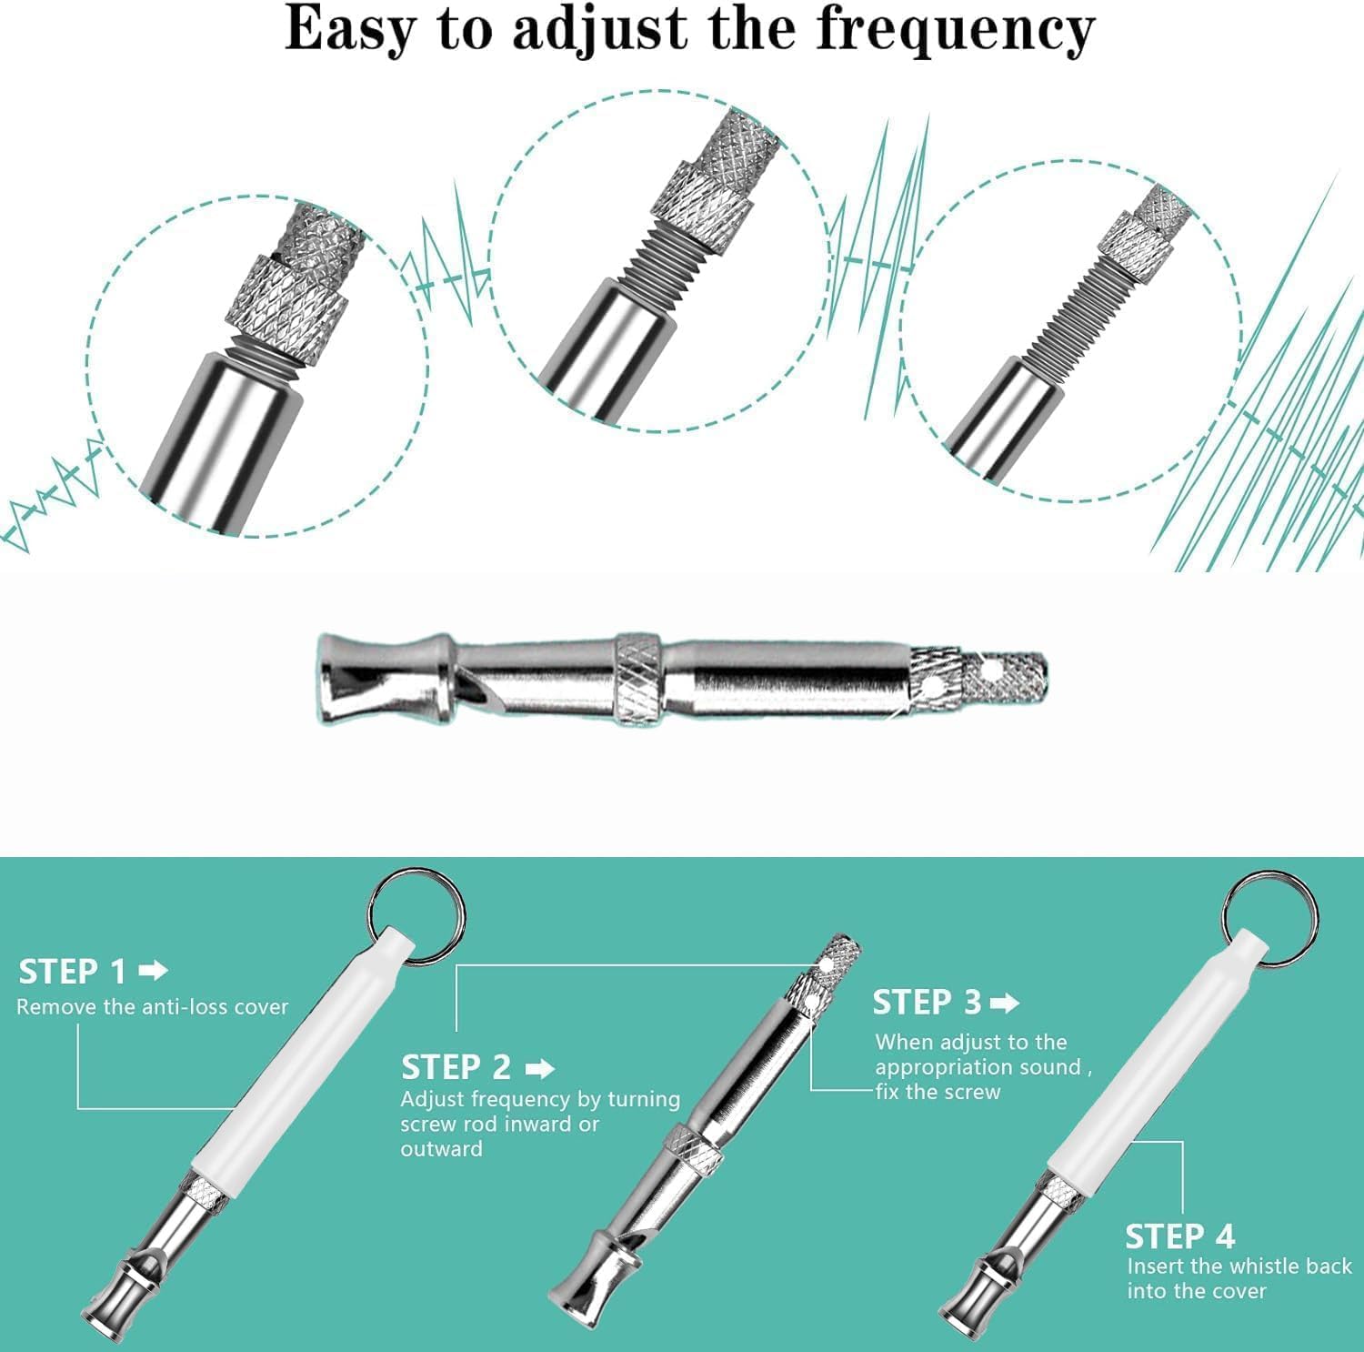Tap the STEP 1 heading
pos(73,972)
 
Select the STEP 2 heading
pos(456,1066)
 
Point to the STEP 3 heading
pos(927,1002)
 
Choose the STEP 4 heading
pos(1180,1236)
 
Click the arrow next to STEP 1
pos(154,971)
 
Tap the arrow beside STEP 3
pos(1005,1003)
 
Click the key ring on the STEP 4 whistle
pos(1270,914)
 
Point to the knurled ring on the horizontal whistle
pos(637,678)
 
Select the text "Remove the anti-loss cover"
pos(152,1007)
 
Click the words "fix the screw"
pos(938,1092)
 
